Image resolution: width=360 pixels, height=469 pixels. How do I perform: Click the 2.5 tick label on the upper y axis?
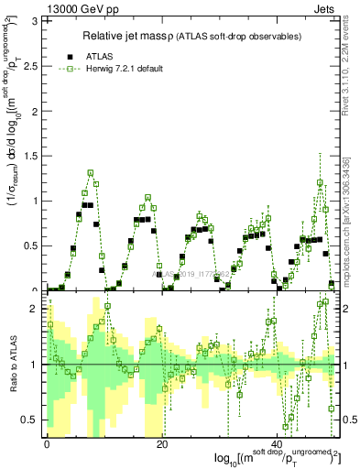pyautogui.click(x=29, y=65)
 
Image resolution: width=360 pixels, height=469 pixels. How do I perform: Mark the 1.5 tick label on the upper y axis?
pyautogui.click(x=29, y=156)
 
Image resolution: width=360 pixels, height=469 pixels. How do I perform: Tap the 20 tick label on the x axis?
pyautogui.click(x=162, y=443)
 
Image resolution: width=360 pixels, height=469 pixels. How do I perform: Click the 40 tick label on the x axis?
pyautogui.click(x=280, y=443)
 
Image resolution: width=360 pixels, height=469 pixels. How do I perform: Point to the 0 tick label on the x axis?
pyautogui.click(x=46, y=443)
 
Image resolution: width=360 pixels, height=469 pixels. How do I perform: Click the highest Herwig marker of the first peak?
pyautogui.click(x=91, y=172)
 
